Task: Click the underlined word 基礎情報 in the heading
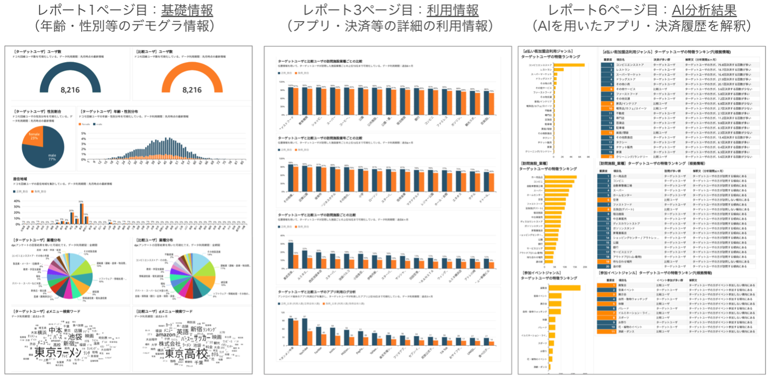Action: coord(190,10)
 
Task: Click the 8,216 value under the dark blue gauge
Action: coord(70,90)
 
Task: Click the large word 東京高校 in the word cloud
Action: coord(186,355)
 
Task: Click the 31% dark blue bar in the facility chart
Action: coord(291,253)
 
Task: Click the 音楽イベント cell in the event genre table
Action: coord(627,290)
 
